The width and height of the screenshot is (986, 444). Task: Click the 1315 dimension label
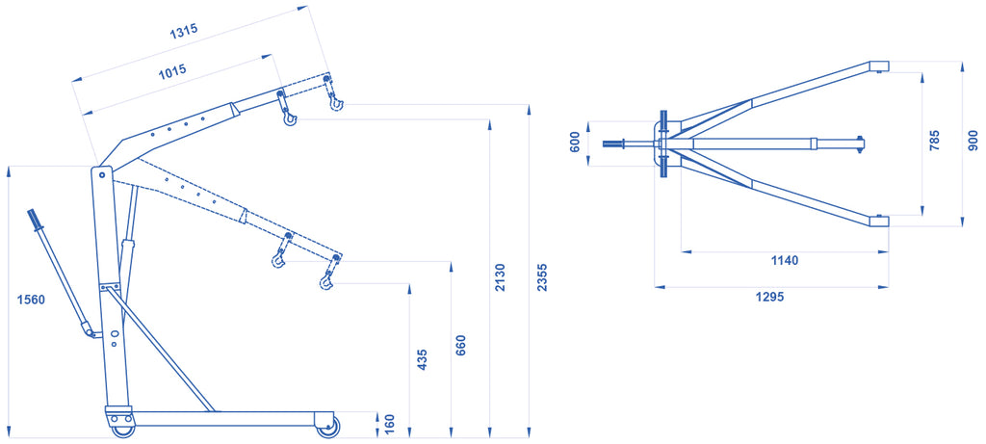click(183, 32)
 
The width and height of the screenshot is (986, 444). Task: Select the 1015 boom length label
click(171, 71)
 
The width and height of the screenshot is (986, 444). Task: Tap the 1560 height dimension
click(31, 300)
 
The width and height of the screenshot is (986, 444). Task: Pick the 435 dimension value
click(422, 359)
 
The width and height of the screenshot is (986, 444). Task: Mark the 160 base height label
click(390, 425)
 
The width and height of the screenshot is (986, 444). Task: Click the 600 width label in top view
click(574, 143)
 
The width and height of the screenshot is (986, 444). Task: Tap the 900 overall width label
click(973, 141)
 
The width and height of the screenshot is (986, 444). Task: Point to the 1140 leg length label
click(784, 260)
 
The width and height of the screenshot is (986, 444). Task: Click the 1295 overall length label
click(769, 297)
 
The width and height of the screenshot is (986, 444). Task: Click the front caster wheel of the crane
click(327, 428)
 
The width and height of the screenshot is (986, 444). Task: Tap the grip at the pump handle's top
click(34, 220)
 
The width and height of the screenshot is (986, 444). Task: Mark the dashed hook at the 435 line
click(325, 281)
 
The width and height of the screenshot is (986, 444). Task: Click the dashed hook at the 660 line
click(278, 258)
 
